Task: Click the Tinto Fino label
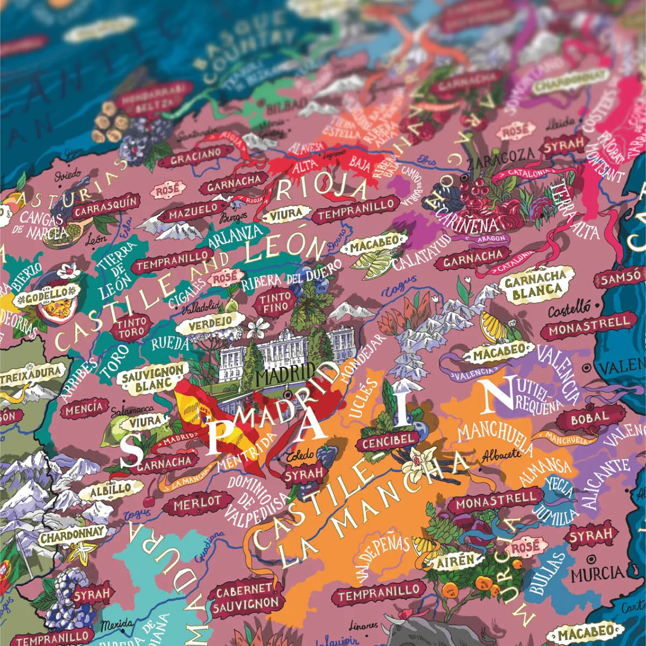coord(276,303)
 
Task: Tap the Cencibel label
coord(389,441)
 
